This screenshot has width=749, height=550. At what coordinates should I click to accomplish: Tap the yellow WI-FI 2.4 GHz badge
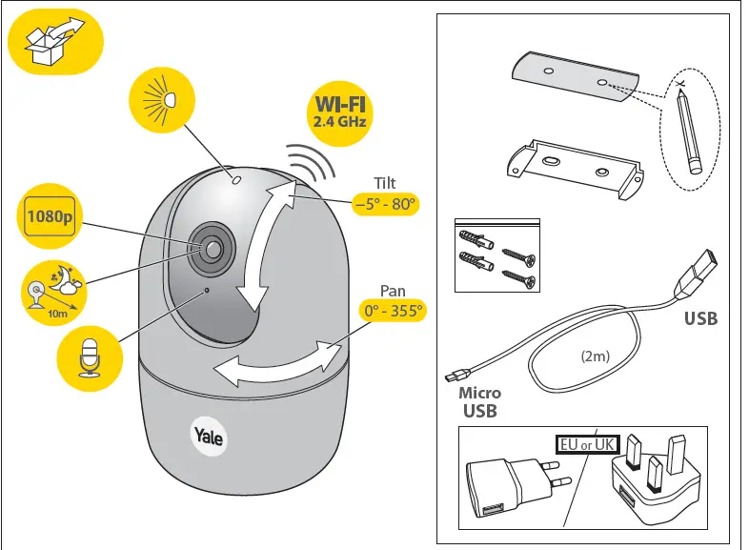point(339,112)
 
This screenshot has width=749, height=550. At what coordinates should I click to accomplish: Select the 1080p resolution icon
point(48,216)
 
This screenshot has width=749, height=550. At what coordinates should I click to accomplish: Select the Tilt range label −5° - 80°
point(386,204)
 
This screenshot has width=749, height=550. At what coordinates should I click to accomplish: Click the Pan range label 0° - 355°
point(392,311)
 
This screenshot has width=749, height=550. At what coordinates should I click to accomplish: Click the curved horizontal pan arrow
point(276,362)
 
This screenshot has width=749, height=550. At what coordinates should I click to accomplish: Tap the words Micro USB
point(480,402)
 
